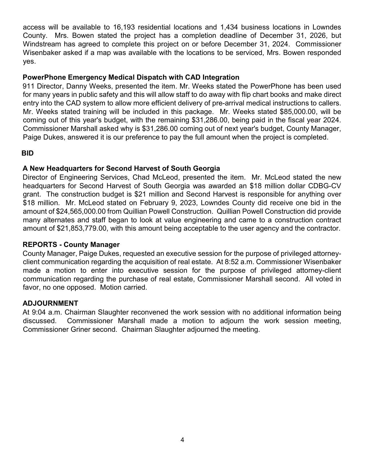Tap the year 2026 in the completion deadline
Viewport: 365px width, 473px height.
(318, 36)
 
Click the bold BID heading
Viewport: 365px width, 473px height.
(27, 153)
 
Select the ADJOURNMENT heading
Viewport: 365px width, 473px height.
(50, 303)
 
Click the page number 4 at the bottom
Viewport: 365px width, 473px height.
(182, 440)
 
